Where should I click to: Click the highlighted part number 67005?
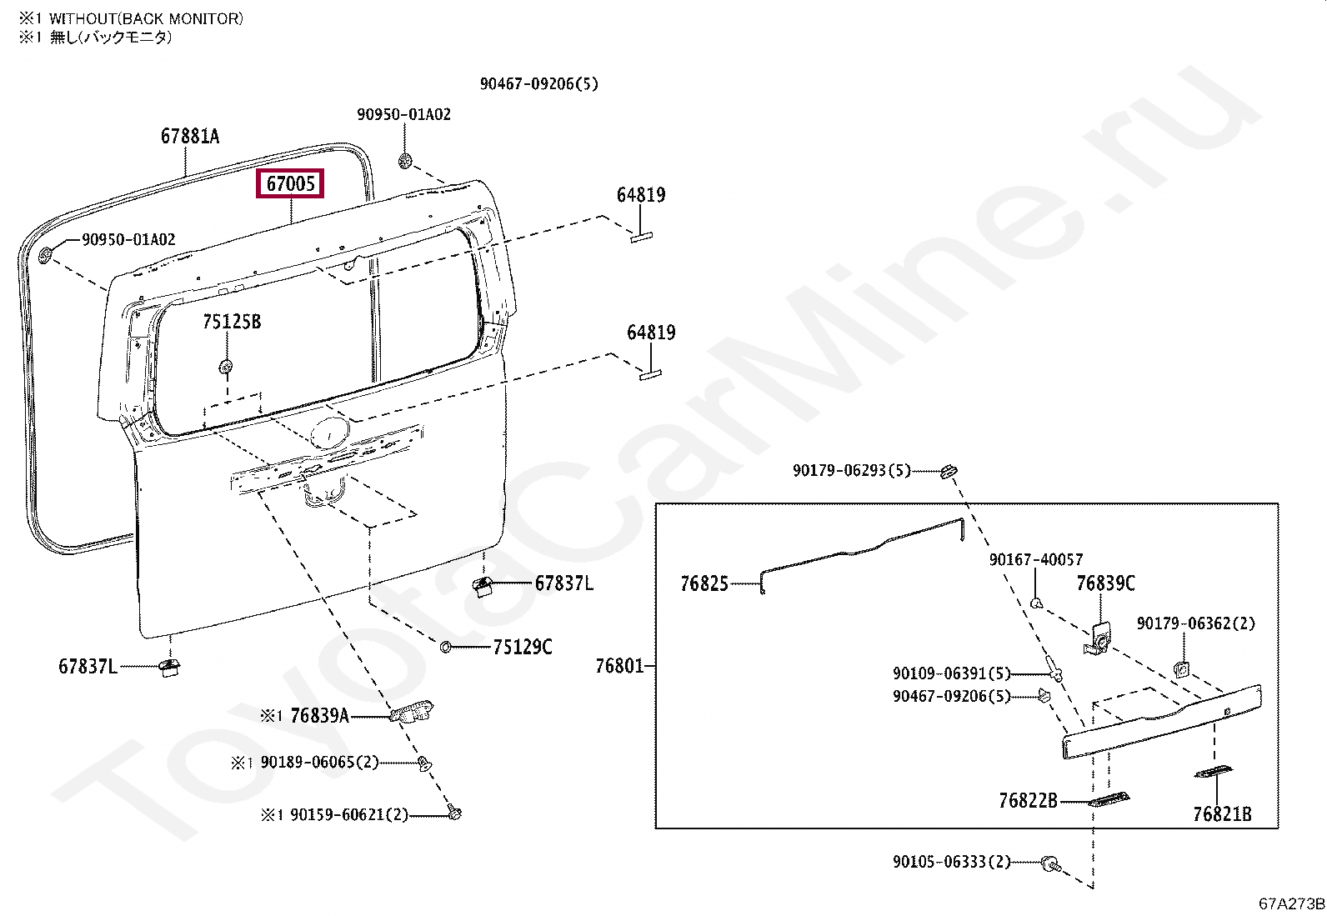[x=291, y=183]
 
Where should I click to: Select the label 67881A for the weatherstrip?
[x=190, y=136]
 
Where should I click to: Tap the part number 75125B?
[x=232, y=322]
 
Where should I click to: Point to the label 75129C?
[x=523, y=647]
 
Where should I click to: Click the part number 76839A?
[x=319, y=715]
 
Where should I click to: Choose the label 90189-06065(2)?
[x=319, y=762]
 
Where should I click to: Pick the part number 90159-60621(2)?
[x=349, y=814]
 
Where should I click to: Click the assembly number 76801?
[x=619, y=666]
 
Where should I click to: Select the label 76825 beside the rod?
[x=704, y=583]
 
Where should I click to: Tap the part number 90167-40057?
[x=1036, y=559]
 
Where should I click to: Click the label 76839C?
[x=1105, y=583]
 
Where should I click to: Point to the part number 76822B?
[x=1028, y=801]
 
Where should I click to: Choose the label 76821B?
[x=1222, y=814]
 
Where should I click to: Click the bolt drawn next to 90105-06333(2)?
[x=1051, y=863]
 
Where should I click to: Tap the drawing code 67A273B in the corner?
[x=1291, y=903]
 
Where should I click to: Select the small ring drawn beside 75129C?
[x=446, y=647]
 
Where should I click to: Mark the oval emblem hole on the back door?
[x=330, y=433]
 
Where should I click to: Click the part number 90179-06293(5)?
[x=852, y=471]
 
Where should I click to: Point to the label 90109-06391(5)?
[x=951, y=673]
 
